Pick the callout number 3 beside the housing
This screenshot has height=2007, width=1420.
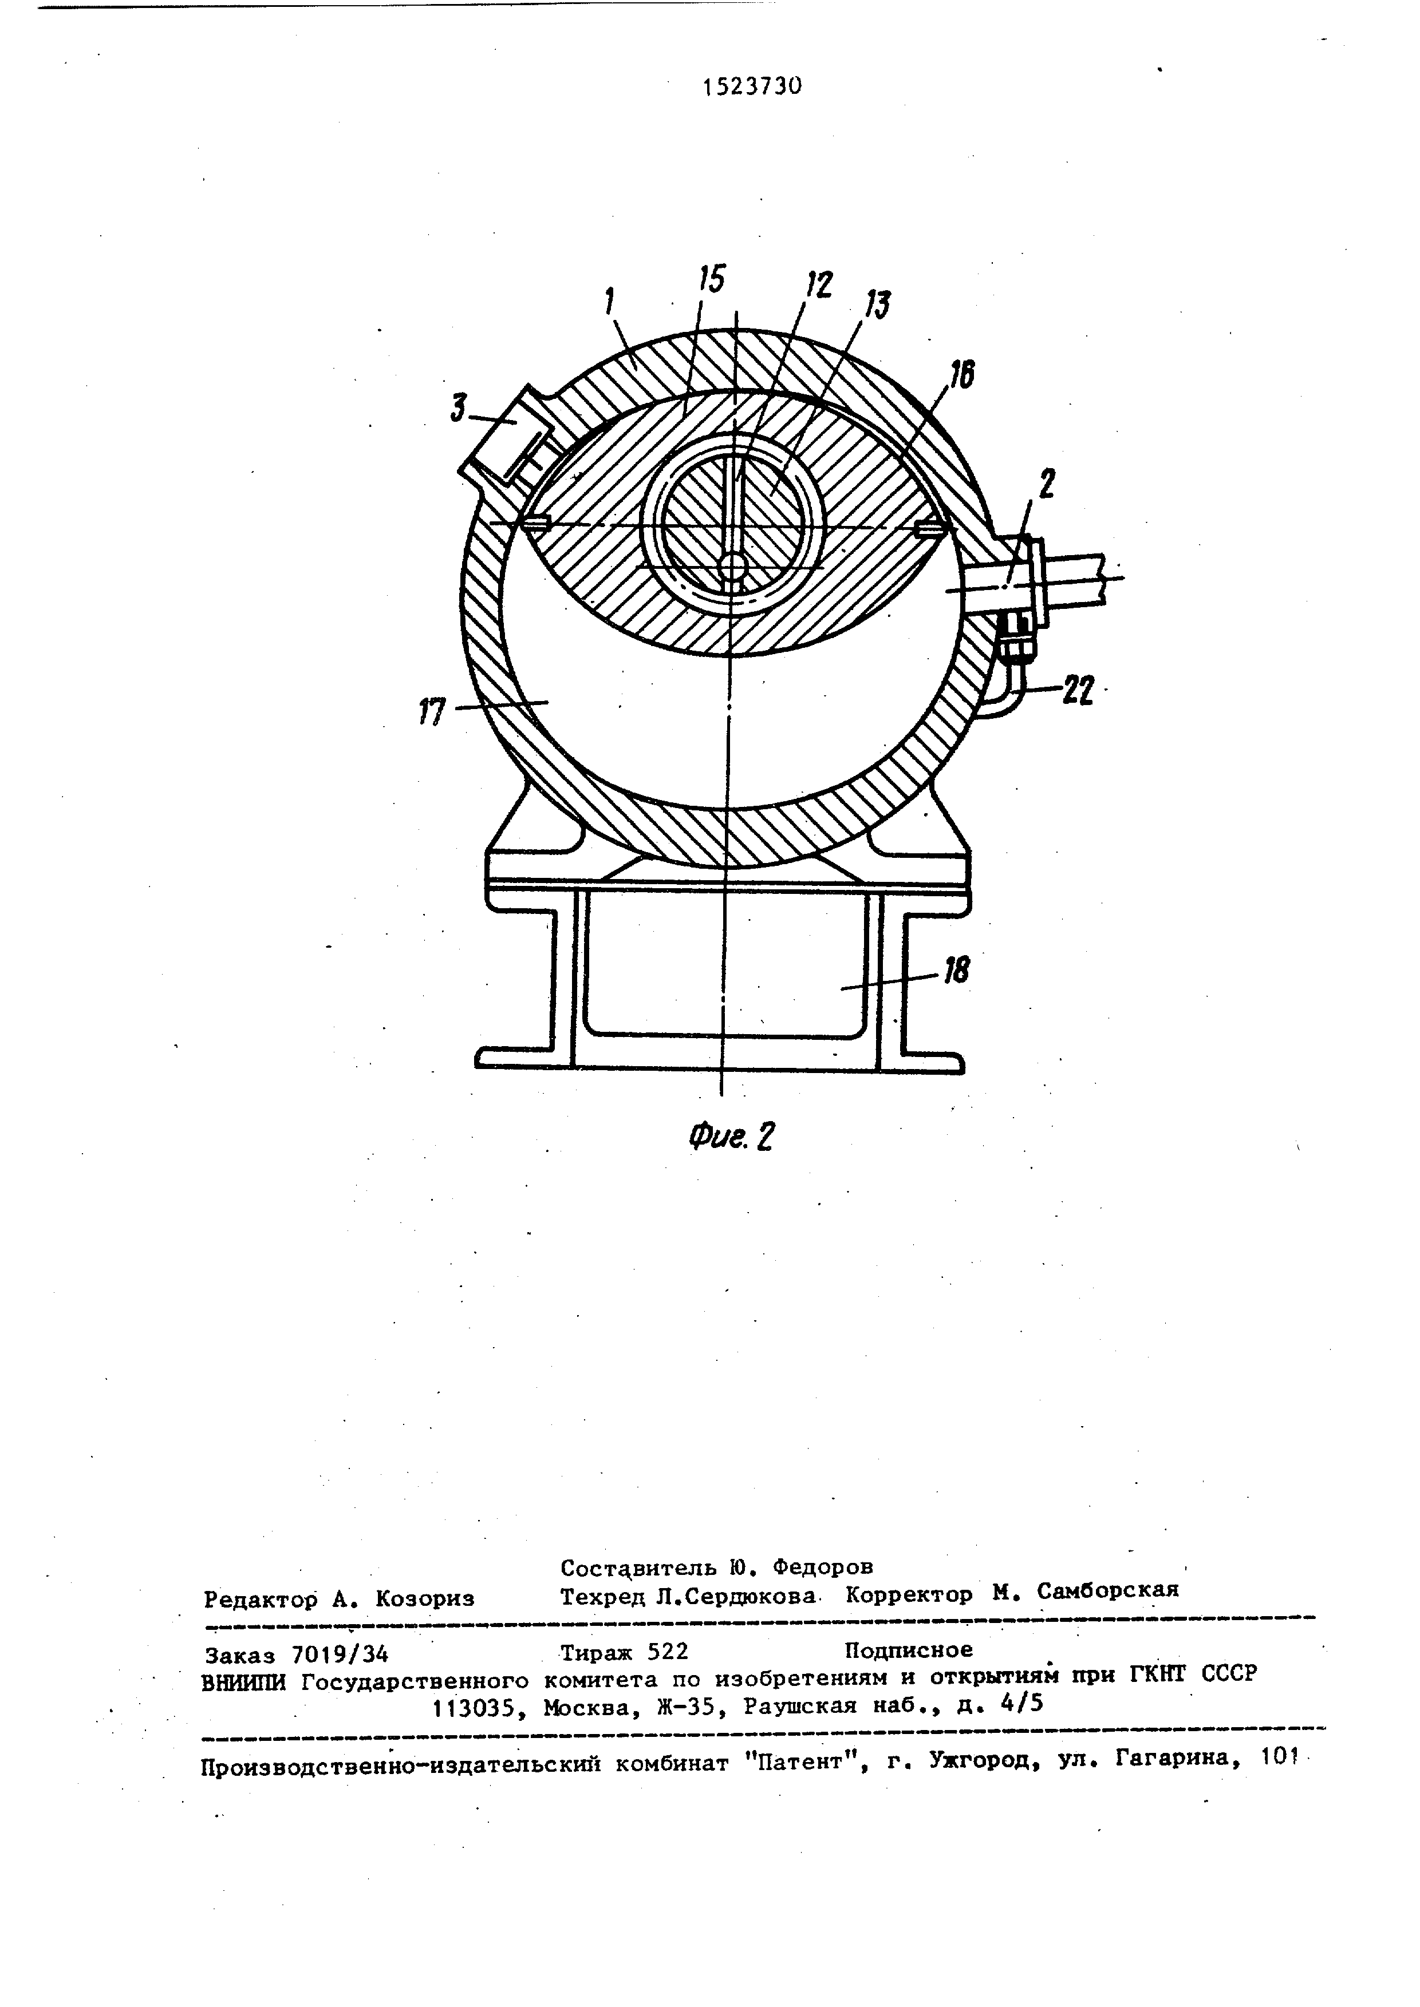[459, 407]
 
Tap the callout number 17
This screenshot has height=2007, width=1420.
[432, 711]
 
